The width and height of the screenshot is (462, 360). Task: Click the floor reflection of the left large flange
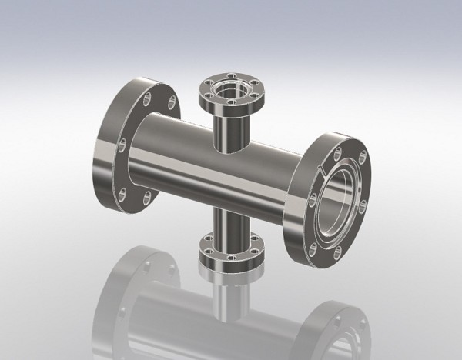tap(131, 292)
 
